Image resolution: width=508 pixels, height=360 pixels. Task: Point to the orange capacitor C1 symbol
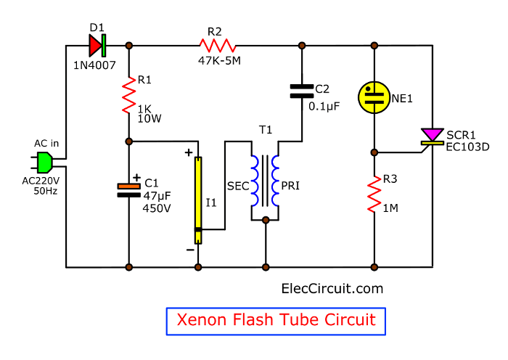click(x=129, y=189)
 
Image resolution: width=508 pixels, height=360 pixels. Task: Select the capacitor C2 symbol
click(x=301, y=91)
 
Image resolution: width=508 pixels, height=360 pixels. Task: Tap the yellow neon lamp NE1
click(x=374, y=97)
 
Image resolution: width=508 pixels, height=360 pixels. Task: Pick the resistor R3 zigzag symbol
click(x=374, y=193)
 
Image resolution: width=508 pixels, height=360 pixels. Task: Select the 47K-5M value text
click(x=219, y=60)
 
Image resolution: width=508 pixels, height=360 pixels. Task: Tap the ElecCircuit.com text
click(x=332, y=288)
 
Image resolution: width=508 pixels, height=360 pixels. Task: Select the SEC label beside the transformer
click(x=237, y=186)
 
